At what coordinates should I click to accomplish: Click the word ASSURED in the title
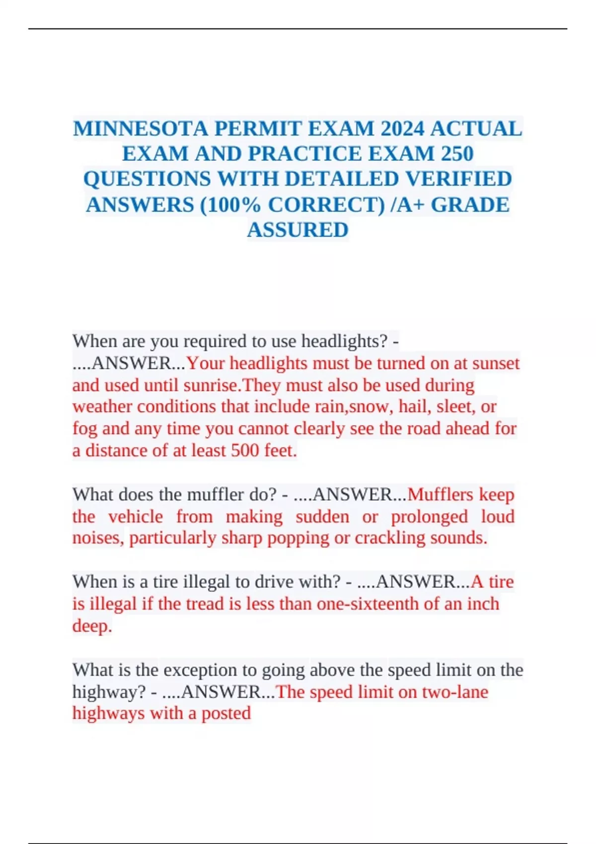[x=298, y=230]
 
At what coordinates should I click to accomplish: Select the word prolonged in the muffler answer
[x=429, y=516]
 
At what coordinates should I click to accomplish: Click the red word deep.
[x=92, y=626]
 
